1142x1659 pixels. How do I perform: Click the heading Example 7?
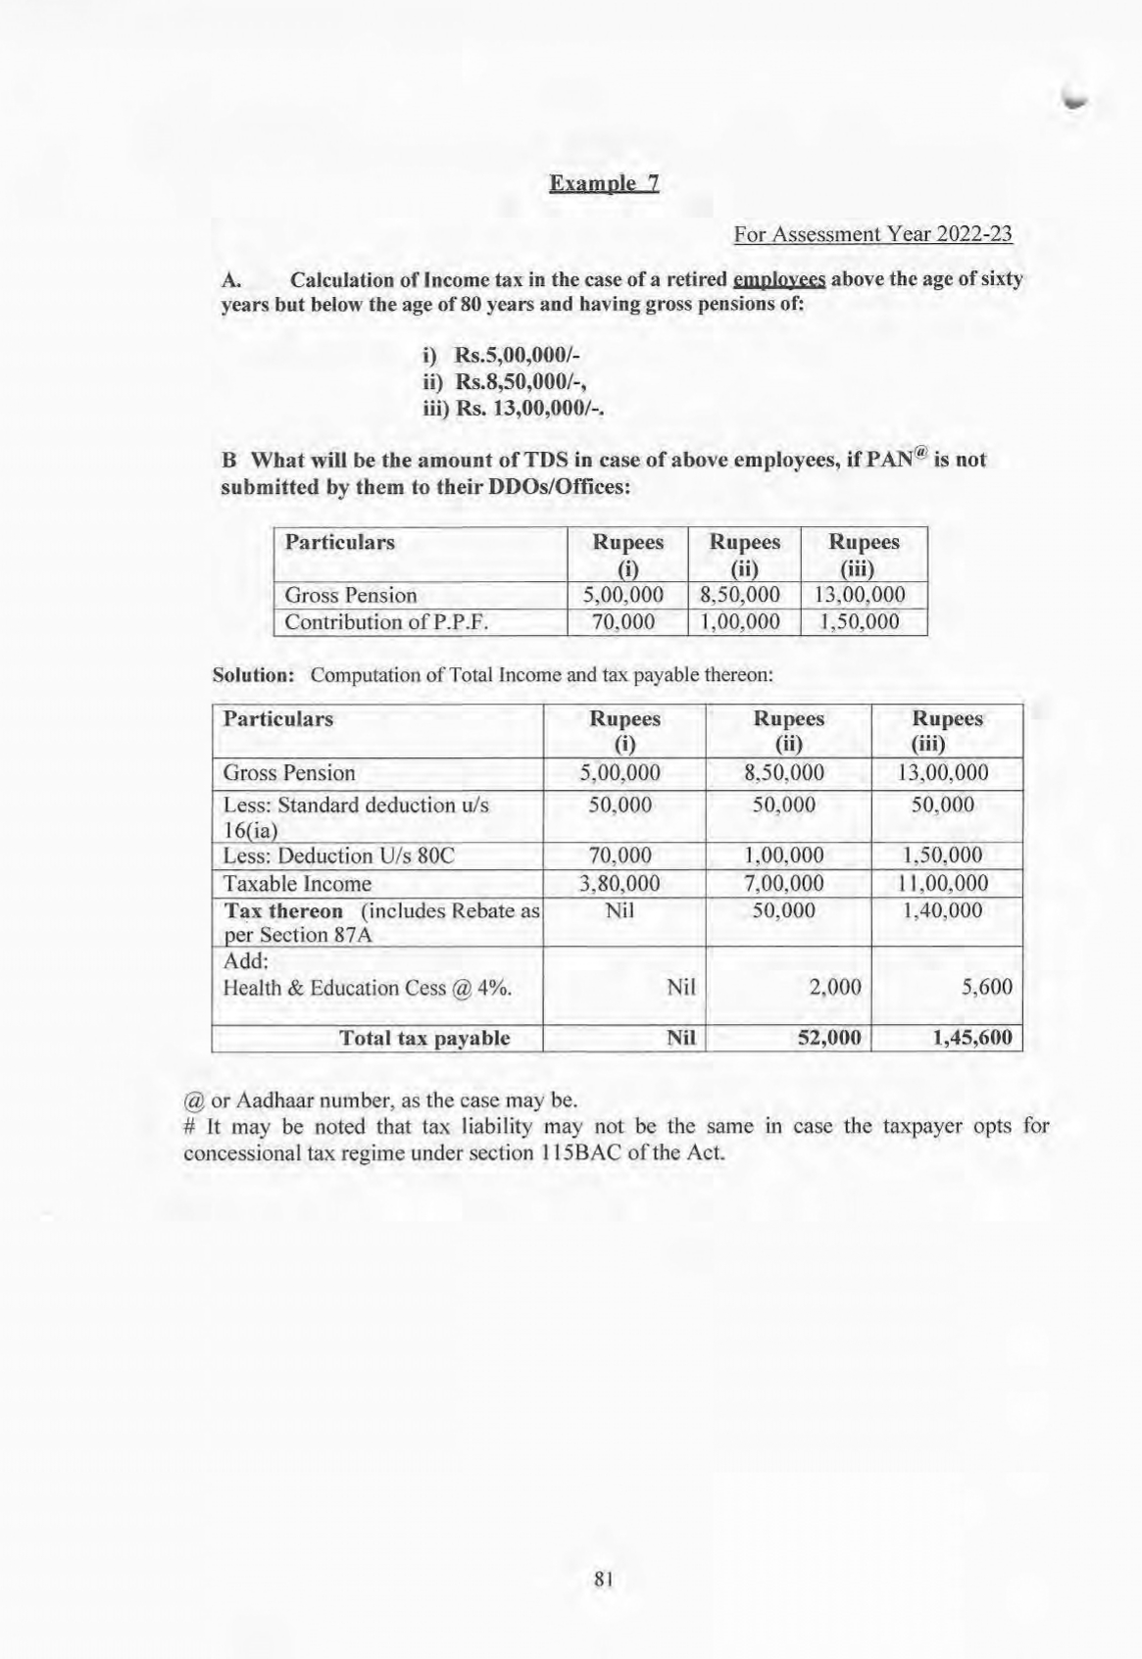(x=604, y=184)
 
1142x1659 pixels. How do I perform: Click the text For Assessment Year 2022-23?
(x=872, y=235)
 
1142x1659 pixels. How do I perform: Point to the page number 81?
(x=604, y=1578)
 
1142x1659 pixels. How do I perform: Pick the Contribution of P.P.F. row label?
(x=386, y=622)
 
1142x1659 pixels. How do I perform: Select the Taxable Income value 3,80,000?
(x=621, y=884)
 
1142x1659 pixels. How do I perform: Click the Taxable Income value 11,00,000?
(x=943, y=884)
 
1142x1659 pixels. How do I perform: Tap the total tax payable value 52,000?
(x=829, y=1038)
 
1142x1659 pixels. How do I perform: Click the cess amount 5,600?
(x=987, y=988)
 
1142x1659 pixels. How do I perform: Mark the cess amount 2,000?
(x=835, y=988)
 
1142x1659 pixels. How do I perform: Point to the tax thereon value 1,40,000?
(x=942, y=910)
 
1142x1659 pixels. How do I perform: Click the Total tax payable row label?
(x=423, y=1038)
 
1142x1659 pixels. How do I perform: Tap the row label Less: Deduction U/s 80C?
(x=339, y=856)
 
